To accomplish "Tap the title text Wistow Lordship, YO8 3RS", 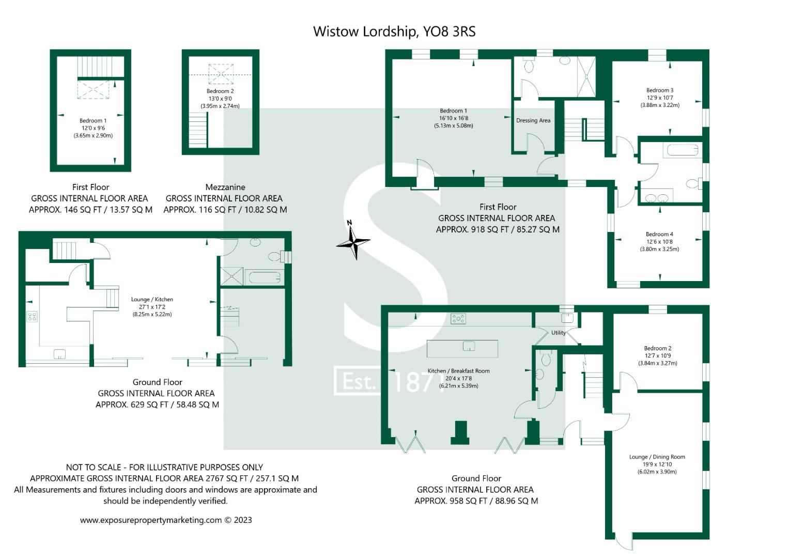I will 394,32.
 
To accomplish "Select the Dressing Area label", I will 533,120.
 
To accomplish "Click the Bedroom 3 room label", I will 659,90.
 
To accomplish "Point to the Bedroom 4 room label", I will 659,234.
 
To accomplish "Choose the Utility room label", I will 558,333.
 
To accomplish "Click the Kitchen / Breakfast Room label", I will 458,371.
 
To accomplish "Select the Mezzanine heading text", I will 225,187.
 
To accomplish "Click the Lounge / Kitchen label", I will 152,300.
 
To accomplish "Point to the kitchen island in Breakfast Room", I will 462,349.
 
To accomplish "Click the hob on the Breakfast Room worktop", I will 458,318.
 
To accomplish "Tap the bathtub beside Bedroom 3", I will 682,150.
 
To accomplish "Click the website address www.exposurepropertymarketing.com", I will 150,520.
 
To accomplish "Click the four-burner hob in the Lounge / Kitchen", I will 32,317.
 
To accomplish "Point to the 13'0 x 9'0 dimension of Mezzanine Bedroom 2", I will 220,99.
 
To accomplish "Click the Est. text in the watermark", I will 358,382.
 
